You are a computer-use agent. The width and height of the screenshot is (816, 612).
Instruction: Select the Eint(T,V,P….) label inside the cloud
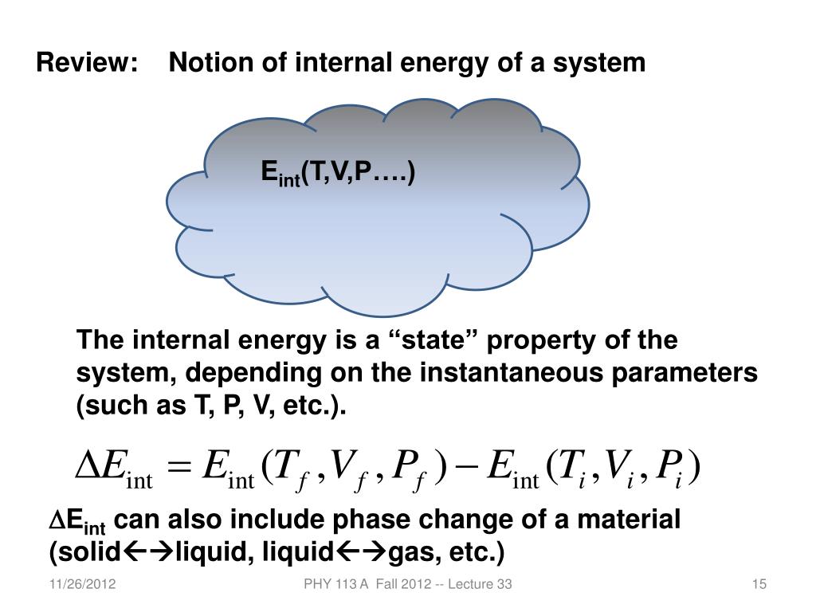coord(339,173)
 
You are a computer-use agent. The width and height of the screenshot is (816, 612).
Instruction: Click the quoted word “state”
coord(433,341)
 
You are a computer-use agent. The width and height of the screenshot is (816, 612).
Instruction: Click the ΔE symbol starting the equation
coord(100,466)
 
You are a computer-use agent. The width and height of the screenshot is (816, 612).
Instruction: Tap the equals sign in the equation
coord(182,467)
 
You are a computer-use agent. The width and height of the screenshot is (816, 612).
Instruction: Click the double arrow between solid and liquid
coord(149,552)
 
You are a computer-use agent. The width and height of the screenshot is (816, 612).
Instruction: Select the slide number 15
coord(759,586)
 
